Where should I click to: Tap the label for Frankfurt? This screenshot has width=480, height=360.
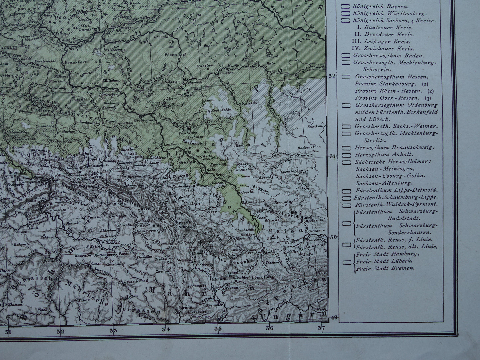click(74, 62)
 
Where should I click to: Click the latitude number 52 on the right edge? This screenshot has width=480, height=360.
click(331, 76)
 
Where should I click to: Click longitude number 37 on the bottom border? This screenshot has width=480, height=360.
click(321, 329)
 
